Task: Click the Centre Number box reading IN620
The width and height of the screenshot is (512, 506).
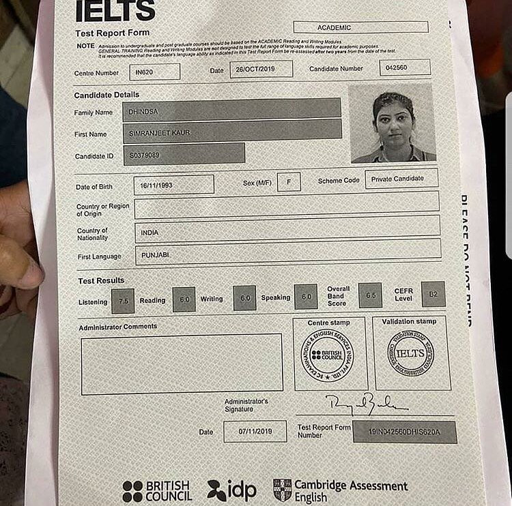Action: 155,72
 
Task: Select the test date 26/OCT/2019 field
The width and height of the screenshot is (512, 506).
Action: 261,70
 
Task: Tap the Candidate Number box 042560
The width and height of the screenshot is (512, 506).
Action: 406,68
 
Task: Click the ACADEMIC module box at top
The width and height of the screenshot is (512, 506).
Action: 360,27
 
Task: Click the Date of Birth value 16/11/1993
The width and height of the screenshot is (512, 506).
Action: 173,185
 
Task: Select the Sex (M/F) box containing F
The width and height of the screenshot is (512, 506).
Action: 289,182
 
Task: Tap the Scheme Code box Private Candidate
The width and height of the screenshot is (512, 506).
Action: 401,179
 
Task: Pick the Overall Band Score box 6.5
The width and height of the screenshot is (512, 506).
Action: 370,295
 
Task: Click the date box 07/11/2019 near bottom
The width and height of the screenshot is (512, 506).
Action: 255,431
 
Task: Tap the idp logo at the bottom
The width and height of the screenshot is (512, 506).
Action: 231,490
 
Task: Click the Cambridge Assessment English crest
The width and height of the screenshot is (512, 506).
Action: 282,490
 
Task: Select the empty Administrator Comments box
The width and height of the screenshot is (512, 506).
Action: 182,363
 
